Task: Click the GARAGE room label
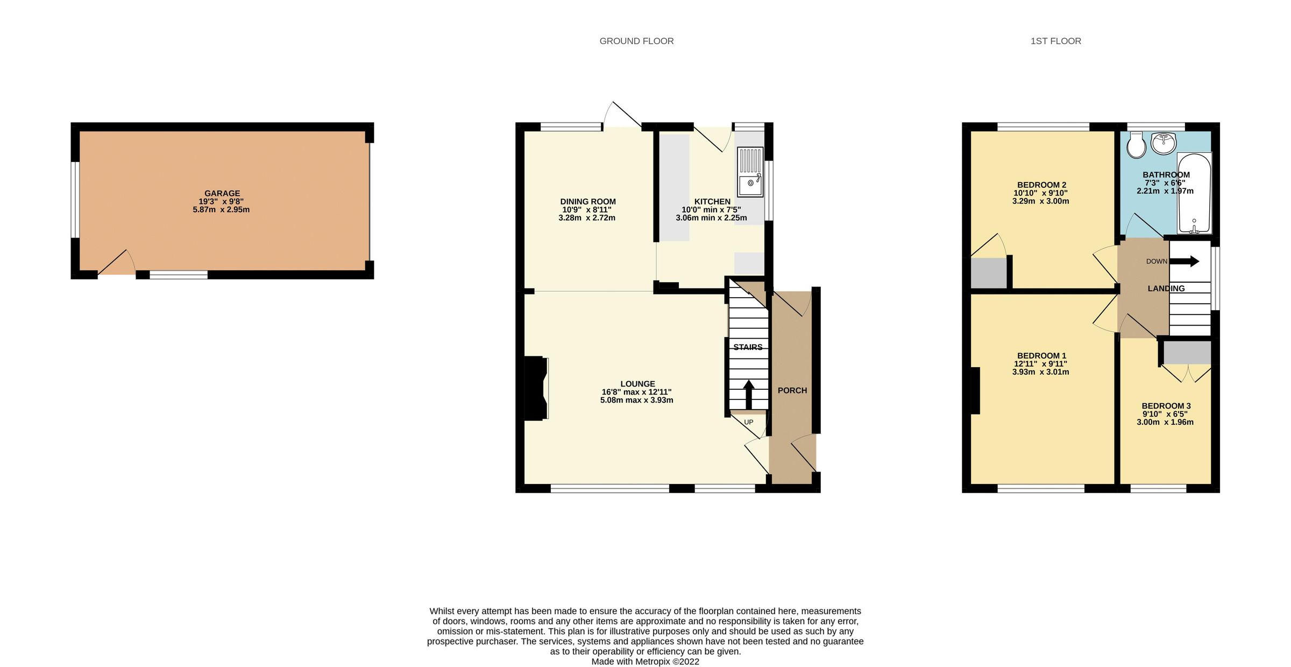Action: [x=222, y=193]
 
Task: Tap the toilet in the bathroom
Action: [x=1136, y=145]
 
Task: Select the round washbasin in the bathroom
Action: [x=1164, y=143]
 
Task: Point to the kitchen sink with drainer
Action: [x=750, y=172]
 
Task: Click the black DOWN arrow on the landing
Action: [x=1184, y=262]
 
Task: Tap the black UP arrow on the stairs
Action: [x=748, y=395]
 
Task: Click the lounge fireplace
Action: [x=536, y=388]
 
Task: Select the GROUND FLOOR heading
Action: [x=636, y=41]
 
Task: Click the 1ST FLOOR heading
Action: [x=1055, y=41]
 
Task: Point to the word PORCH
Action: [x=792, y=390]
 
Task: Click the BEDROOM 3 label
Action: [x=1166, y=406]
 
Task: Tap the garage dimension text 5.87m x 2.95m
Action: [x=221, y=209]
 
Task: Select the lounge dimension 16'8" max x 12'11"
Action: [x=637, y=392]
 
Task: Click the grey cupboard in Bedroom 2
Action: [x=989, y=273]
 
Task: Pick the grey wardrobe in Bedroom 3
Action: [x=1187, y=353]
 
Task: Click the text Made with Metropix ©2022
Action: [x=645, y=662]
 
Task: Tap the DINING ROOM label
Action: [x=588, y=202]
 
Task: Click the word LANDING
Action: [x=1166, y=289]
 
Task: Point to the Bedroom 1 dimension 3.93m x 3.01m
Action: [x=1040, y=372]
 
